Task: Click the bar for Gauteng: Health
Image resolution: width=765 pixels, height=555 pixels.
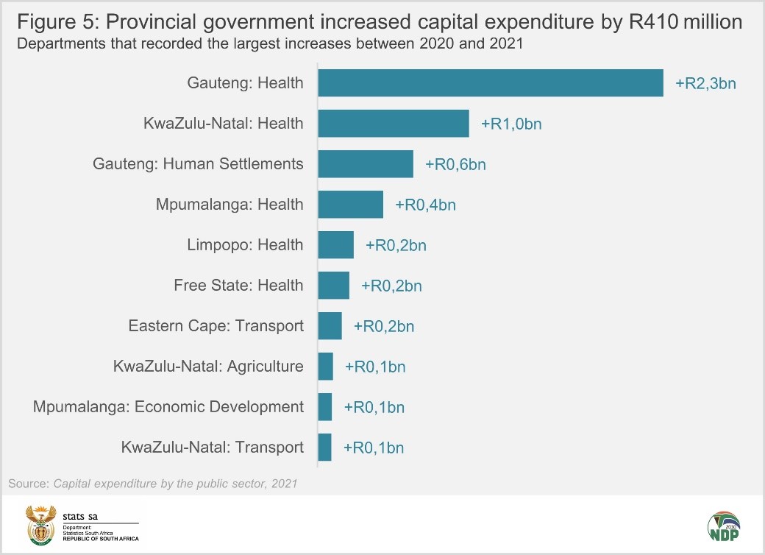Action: tap(490, 83)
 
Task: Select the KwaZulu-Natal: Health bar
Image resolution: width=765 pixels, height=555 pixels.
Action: tap(393, 124)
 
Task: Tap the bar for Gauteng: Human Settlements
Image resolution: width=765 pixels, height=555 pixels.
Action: tap(365, 164)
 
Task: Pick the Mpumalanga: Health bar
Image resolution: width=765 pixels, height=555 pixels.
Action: tap(350, 205)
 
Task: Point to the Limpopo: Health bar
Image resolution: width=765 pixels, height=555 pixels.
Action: tap(335, 245)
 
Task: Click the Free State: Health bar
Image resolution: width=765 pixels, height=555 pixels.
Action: tap(333, 286)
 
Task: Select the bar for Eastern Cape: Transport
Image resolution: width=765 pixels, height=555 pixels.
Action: tap(330, 326)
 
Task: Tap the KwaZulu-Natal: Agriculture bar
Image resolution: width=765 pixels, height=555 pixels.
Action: tap(325, 367)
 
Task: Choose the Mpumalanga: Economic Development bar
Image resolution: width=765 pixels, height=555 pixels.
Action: tap(324, 407)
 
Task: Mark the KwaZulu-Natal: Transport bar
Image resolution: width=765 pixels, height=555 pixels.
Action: tap(324, 448)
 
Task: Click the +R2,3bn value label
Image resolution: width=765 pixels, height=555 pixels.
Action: tap(705, 83)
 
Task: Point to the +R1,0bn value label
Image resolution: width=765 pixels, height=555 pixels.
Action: tap(511, 124)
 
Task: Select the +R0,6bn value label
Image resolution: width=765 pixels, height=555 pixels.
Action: tap(455, 164)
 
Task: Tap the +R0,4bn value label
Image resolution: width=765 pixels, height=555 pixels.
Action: tap(425, 205)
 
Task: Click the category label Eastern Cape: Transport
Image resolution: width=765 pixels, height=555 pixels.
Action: tap(216, 326)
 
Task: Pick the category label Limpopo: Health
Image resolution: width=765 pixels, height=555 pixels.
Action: tap(245, 245)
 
